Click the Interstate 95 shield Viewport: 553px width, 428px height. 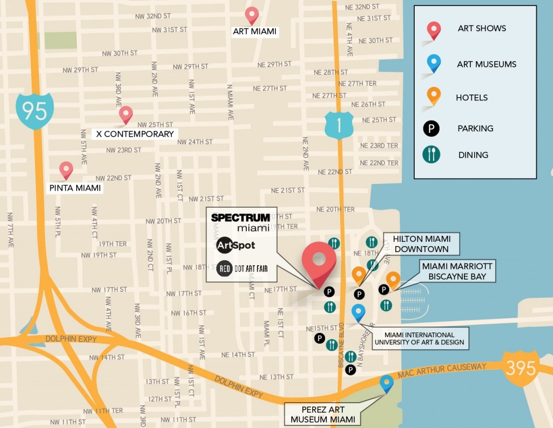(x=35, y=111)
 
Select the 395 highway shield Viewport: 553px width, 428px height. (x=521, y=369)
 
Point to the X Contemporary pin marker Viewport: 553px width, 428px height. (x=126, y=114)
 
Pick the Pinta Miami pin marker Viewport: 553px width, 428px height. (x=66, y=170)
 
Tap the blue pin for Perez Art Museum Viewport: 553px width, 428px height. (x=386, y=383)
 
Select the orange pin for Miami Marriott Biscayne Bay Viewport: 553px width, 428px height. (x=393, y=280)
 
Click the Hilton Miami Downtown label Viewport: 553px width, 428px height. (x=421, y=243)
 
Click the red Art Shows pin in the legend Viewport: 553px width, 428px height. (x=434, y=30)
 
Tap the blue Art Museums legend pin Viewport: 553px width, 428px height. (x=434, y=64)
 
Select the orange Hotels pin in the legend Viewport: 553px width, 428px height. (x=433, y=96)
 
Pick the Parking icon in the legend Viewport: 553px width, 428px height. (x=431, y=128)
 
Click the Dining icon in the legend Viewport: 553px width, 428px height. (x=431, y=155)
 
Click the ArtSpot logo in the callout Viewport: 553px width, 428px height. (x=235, y=246)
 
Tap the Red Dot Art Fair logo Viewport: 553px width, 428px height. (x=242, y=268)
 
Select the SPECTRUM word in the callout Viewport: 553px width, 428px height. (x=240, y=218)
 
